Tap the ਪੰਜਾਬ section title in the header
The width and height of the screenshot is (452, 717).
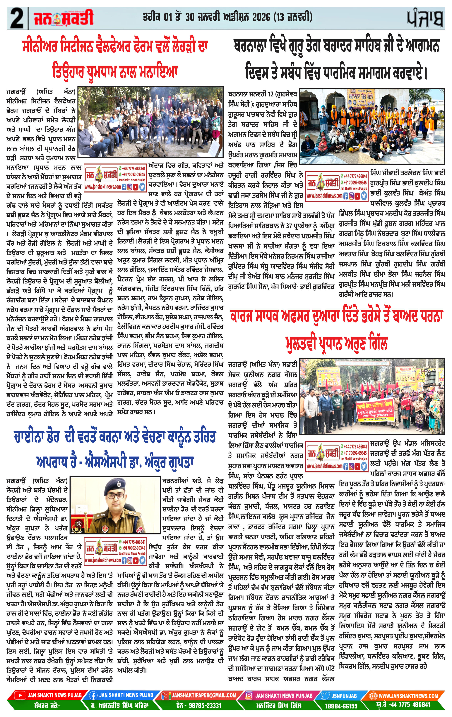(425, 18)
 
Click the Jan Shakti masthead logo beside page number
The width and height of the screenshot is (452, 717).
(63, 18)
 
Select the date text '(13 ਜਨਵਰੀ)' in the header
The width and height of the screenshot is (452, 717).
(294, 17)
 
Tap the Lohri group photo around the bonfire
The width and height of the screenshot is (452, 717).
(150, 121)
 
